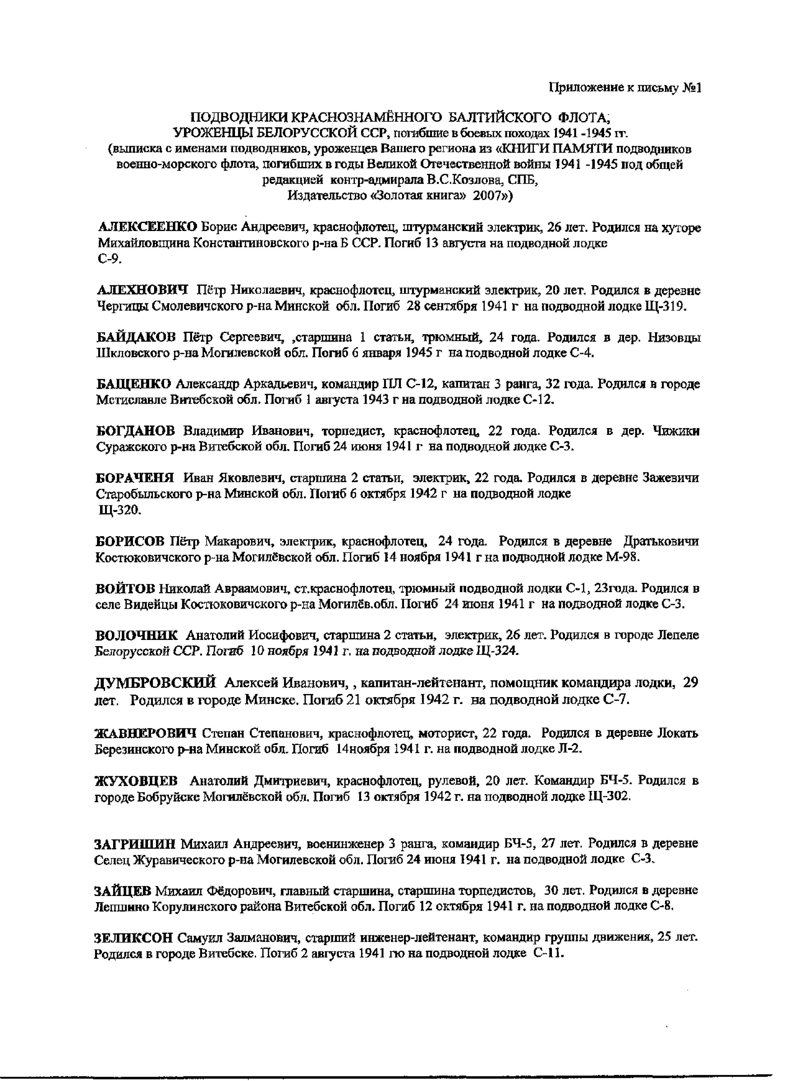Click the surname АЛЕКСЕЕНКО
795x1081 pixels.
point(147,227)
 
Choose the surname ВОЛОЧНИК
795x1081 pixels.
point(137,635)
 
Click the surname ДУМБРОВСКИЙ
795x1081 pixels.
point(155,683)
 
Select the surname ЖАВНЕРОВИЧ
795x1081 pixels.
point(146,733)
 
